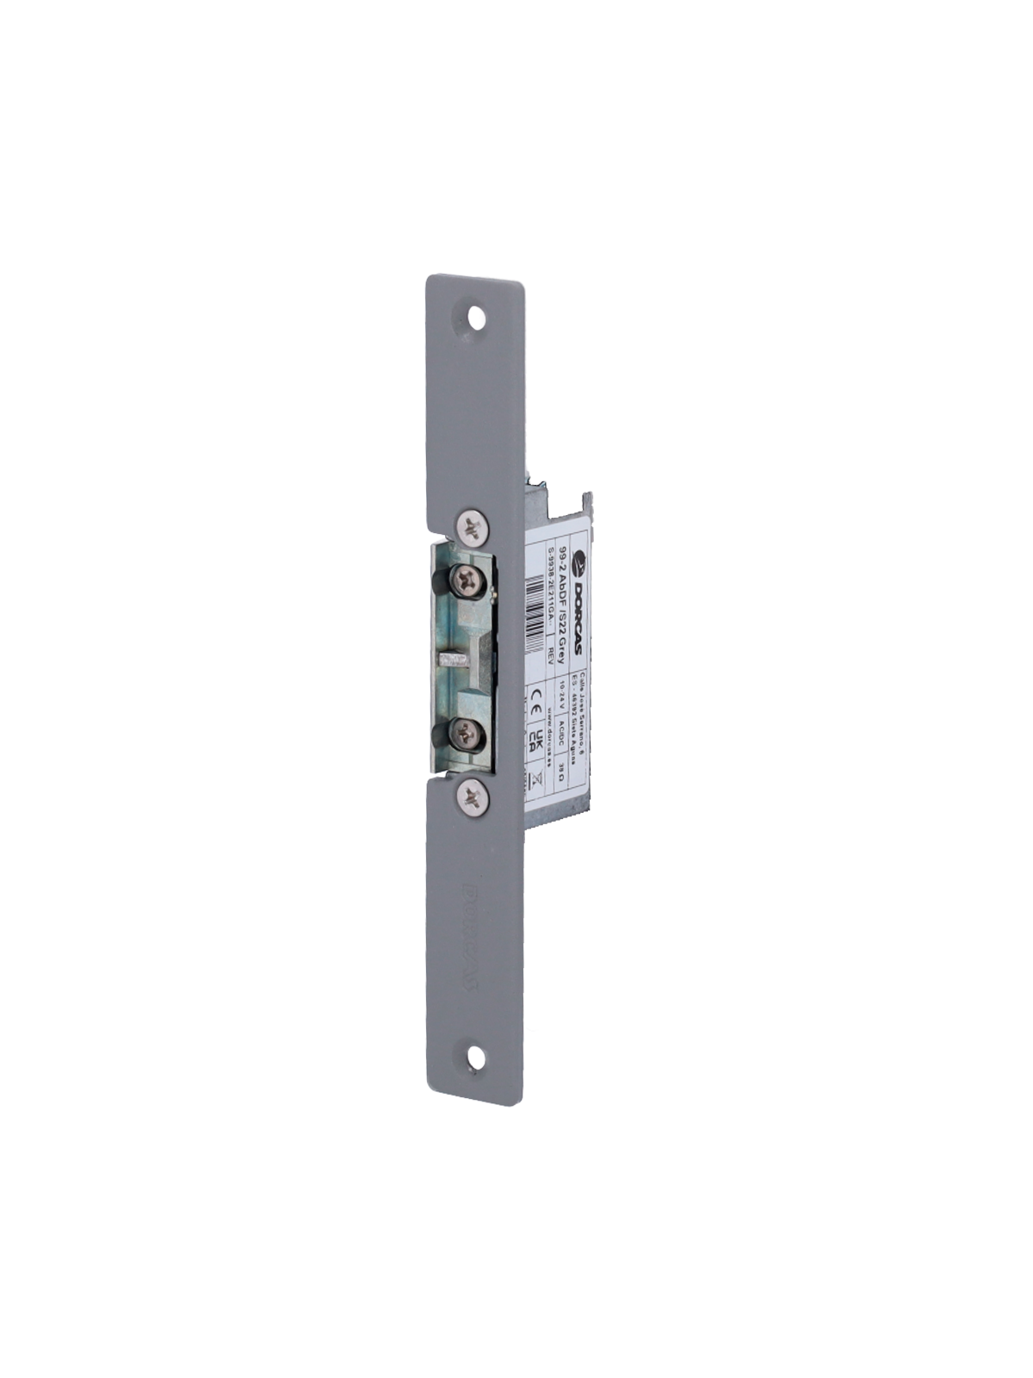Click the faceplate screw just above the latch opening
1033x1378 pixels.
471,527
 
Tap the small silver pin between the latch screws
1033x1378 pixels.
454,660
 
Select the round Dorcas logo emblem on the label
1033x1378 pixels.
578,563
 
